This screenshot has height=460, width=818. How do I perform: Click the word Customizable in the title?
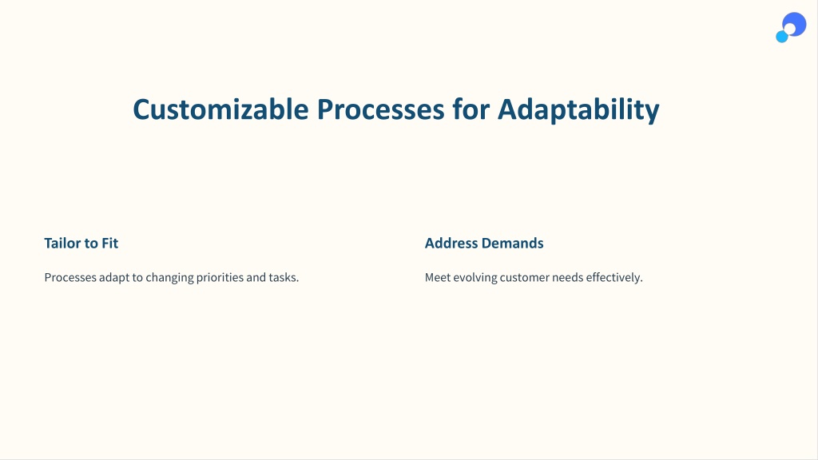coord(220,110)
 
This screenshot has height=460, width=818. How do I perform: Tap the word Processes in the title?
coord(381,110)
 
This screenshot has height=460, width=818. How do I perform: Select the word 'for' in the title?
coord(471,109)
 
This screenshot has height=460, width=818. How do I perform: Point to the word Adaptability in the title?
coord(578,110)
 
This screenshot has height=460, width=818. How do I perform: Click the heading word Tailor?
coord(62,243)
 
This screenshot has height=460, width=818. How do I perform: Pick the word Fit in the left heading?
coord(110,243)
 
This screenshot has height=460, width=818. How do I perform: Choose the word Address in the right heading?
coord(451,243)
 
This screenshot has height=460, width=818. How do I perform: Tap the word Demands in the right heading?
coord(512,243)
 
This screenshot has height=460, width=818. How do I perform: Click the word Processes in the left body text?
coord(70,277)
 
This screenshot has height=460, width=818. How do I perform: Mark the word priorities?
coord(220,278)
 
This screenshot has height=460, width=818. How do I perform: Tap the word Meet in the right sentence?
coord(438,277)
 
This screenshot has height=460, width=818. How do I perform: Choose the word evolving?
coord(475,278)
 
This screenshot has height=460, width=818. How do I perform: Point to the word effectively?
coord(614,278)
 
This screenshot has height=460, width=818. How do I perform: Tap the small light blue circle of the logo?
coord(781,37)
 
